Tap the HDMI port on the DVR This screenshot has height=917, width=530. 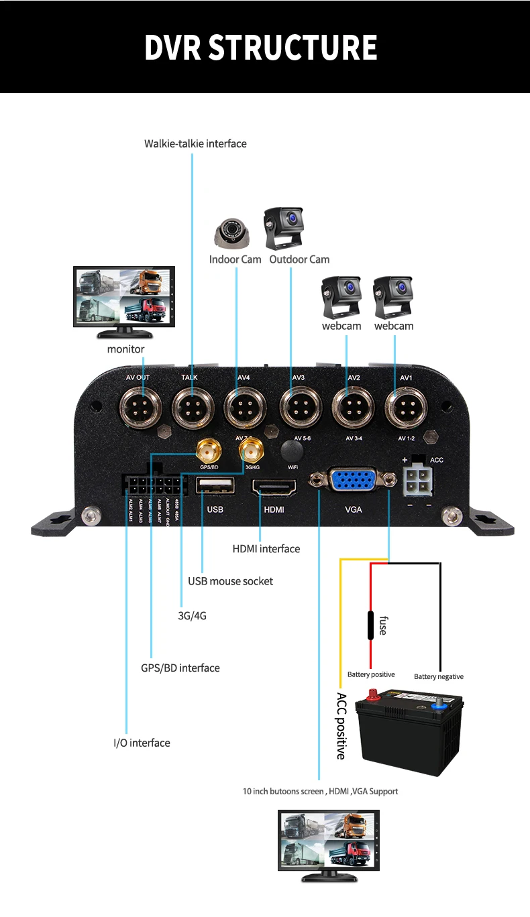(x=273, y=488)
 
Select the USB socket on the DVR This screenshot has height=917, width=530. (x=215, y=485)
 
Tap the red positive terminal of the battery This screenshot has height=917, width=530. (x=372, y=696)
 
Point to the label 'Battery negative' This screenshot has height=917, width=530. (x=439, y=676)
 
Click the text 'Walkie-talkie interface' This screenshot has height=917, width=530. (x=195, y=143)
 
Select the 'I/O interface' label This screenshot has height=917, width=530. (x=142, y=743)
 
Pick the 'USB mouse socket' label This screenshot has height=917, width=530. (x=230, y=581)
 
